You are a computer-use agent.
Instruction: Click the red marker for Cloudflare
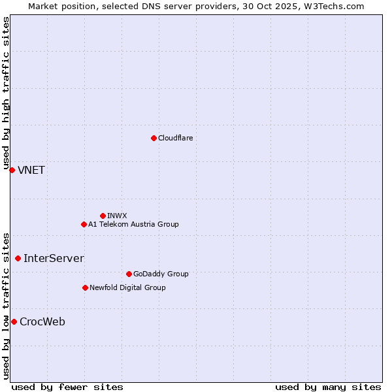click(x=154, y=138)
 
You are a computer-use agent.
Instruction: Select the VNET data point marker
click(x=12, y=170)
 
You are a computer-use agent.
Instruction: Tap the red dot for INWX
click(x=103, y=216)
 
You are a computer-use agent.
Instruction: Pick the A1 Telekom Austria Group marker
click(x=84, y=224)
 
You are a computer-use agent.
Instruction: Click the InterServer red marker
click(x=18, y=258)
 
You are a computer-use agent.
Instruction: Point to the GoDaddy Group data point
click(x=129, y=274)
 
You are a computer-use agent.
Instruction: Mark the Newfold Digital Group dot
click(x=85, y=287)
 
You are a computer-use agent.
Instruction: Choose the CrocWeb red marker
click(x=14, y=321)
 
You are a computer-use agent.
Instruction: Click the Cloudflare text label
click(x=176, y=138)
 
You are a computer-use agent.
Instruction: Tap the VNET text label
click(x=31, y=171)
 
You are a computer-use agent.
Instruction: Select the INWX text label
click(x=117, y=216)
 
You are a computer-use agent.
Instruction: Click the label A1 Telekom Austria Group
click(x=133, y=224)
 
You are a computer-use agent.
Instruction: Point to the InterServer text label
click(x=54, y=259)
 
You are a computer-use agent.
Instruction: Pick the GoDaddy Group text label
click(x=161, y=274)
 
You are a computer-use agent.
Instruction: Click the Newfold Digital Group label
click(x=127, y=287)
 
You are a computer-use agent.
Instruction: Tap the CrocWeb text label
click(x=42, y=322)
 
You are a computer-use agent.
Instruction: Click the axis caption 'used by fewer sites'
click(x=67, y=387)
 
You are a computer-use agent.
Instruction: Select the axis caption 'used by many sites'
click(x=328, y=387)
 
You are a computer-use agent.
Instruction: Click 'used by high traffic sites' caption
click(x=6, y=95)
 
